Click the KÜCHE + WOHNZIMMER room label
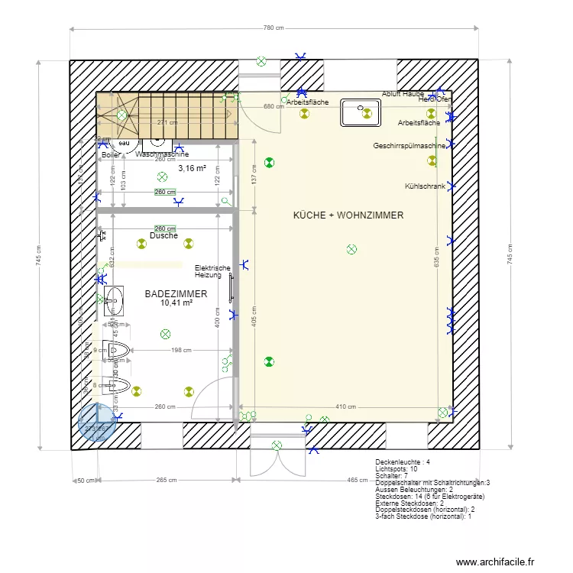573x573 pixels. tap(348, 215)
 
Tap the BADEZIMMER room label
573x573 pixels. tap(166, 293)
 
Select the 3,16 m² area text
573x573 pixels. tap(193, 168)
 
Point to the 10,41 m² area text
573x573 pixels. tap(176, 303)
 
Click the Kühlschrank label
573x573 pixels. tap(425, 186)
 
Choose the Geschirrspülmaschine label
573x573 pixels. tap(410, 146)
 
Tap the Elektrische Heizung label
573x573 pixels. tap(212, 271)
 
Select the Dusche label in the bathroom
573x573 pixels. tap(163, 236)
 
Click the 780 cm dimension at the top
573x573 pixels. tap(274, 28)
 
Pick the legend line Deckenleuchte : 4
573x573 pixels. tap(403, 462)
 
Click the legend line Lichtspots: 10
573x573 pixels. tap(397, 469)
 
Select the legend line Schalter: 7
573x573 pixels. tap(393, 476)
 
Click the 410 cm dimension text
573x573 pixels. tap(346, 407)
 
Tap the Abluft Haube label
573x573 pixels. tap(403, 94)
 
